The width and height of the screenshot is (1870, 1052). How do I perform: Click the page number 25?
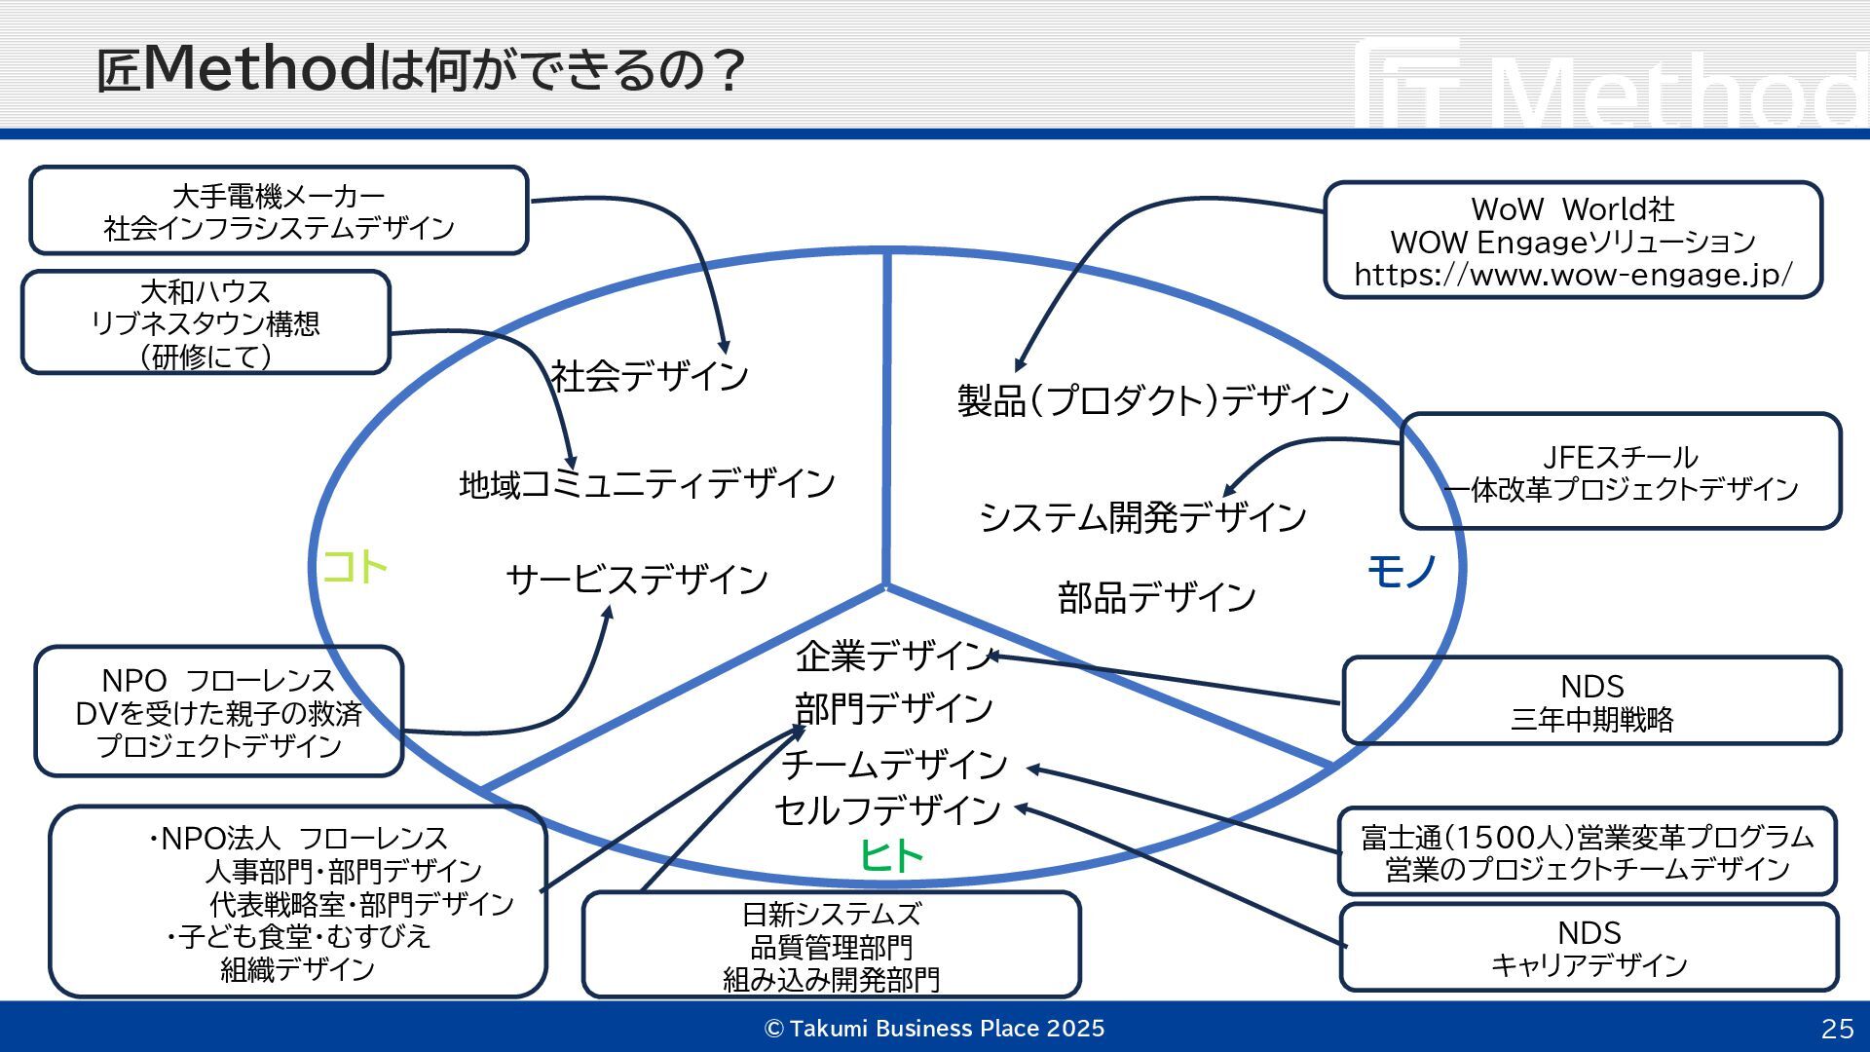(x=1837, y=1029)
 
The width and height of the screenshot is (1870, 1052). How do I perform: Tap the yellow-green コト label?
(x=355, y=567)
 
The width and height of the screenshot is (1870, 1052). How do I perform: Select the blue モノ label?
(x=1402, y=572)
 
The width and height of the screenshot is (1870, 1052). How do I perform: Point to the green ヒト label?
(x=890, y=856)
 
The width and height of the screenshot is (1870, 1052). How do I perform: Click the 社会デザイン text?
(x=649, y=376)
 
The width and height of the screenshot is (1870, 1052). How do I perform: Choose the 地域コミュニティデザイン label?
(x=647, y=484)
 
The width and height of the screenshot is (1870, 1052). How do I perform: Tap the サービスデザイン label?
(x=637, y=580)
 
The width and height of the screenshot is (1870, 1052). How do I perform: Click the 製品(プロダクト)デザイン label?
(x=1152, y=400)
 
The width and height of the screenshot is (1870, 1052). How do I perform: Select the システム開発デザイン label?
(x=1142, y=517)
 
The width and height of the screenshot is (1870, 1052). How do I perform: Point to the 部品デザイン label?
(x=1156, y=597)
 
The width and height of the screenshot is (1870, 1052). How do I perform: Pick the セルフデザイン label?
(x=887, y=809)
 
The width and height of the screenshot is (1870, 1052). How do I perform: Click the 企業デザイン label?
(x=893, y=657)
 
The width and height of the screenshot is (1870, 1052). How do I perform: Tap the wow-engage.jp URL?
(x=1572, y=275)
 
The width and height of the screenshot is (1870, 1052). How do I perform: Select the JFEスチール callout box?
(x=1621, y=471)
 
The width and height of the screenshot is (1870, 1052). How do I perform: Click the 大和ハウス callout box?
(x=206, y=323)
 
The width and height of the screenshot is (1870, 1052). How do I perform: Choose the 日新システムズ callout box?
(x=831, y=945)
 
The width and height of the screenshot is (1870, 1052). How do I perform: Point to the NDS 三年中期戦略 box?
(x=1591, y=701)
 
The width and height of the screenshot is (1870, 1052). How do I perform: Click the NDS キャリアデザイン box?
(x=1589, y=948)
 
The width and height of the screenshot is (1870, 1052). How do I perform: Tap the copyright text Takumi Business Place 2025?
(x=935, y=1029)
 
